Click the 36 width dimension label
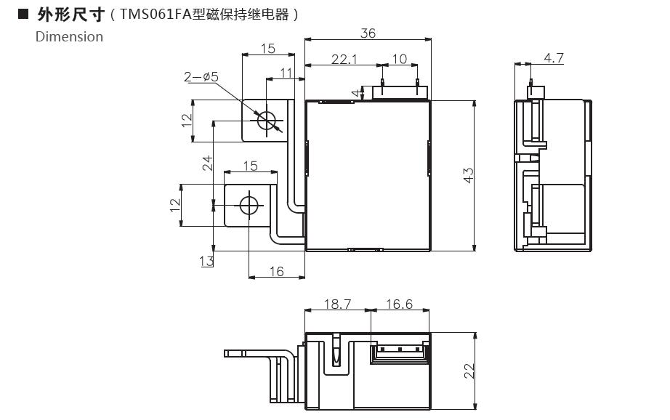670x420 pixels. (368, 33)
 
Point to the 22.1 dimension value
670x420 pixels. (344, 59)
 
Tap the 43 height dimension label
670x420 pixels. (468, 175)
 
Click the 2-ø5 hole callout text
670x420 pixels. (201, 76)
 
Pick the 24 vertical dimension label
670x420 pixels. (207, 163)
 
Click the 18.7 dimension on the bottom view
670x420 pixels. (336, 304)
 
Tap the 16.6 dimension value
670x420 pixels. (398, 304)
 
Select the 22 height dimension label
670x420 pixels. (469, 371)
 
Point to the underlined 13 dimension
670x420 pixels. (207, 261)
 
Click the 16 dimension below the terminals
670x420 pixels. (276, 271)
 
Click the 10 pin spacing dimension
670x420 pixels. (399, 59)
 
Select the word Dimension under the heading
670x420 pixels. (69, 36)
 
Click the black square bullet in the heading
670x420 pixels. (23, 14)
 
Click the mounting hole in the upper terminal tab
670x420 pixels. (267, 120)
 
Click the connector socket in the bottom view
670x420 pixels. (399, 352)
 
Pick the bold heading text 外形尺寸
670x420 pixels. (70, 14)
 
